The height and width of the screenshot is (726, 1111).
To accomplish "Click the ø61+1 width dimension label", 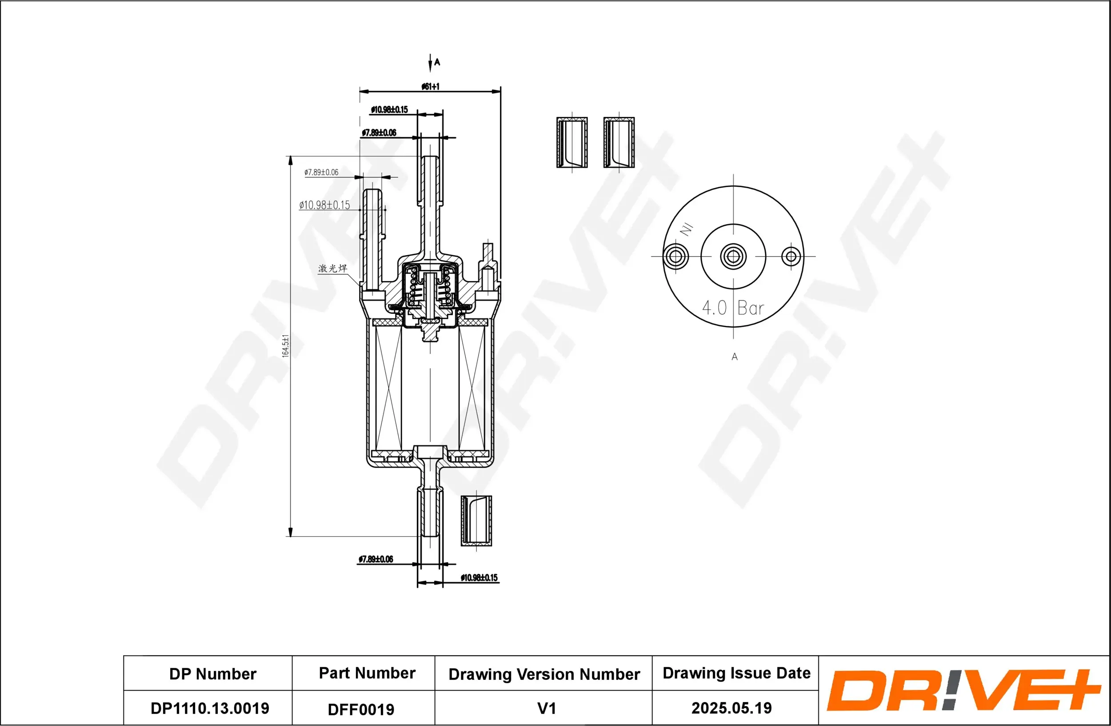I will [430, 86].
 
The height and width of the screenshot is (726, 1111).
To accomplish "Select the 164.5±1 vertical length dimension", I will [286, 346].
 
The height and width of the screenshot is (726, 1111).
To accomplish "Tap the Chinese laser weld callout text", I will [332, 269].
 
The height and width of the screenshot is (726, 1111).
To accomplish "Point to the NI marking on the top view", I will [686, 229].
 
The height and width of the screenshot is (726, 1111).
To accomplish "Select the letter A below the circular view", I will [734, 357].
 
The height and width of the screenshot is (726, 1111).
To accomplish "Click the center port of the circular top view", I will [733, 257].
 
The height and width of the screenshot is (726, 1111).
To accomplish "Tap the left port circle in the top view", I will [675, 257].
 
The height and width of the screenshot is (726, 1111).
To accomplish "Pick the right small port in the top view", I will [791, 257].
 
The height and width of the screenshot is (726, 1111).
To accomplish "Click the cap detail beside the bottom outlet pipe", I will [476, 521].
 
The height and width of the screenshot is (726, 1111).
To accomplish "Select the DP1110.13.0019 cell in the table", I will [210, 708].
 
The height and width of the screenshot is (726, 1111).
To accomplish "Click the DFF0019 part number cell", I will [361, 709].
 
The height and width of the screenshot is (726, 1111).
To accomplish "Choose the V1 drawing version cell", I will [546, 708].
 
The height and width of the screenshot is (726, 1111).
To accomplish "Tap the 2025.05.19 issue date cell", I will [731, 708].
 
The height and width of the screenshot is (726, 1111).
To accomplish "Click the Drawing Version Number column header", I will [544, 674].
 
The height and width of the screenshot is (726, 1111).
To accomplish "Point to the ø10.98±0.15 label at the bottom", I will [479, 578].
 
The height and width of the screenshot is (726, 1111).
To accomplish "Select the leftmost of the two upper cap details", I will [572, 142].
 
